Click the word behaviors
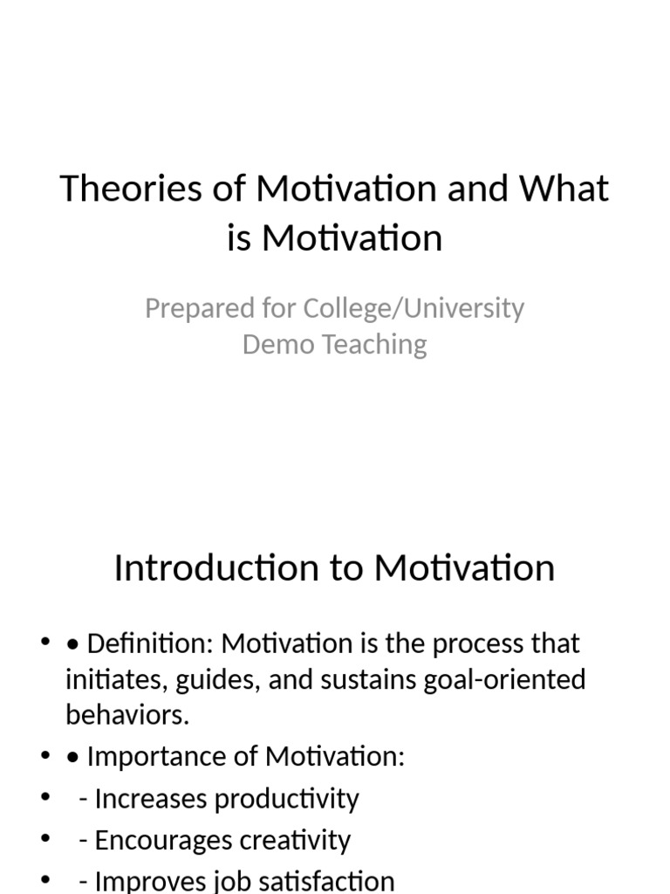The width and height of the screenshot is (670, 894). pos(127,714)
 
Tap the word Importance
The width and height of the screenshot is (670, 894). pos(148,756)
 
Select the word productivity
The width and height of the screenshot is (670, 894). pos(287,798)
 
